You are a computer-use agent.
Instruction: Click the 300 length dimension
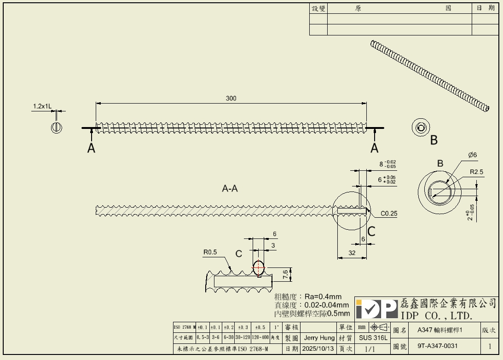[231, 99]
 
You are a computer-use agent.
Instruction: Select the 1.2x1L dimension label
[42, 106]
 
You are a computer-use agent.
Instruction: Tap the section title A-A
[230, 188]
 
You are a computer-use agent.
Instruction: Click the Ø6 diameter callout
[473, 155]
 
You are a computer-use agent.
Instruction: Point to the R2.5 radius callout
[476, 172]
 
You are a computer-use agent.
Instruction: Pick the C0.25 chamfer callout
[389, 214]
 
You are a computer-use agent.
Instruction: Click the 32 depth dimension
[352, 252]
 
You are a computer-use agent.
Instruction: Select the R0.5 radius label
[210, 252]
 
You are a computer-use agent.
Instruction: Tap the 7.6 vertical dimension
[285, 274]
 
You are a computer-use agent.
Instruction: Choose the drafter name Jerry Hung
[319, 338]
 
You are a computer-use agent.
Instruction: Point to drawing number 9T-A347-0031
[438, 346]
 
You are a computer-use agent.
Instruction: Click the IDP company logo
[376, 309]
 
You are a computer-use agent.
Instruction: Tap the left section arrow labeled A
[92, 147]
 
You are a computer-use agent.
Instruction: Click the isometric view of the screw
[430, 76]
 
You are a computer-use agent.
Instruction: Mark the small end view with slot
[57, 127]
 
